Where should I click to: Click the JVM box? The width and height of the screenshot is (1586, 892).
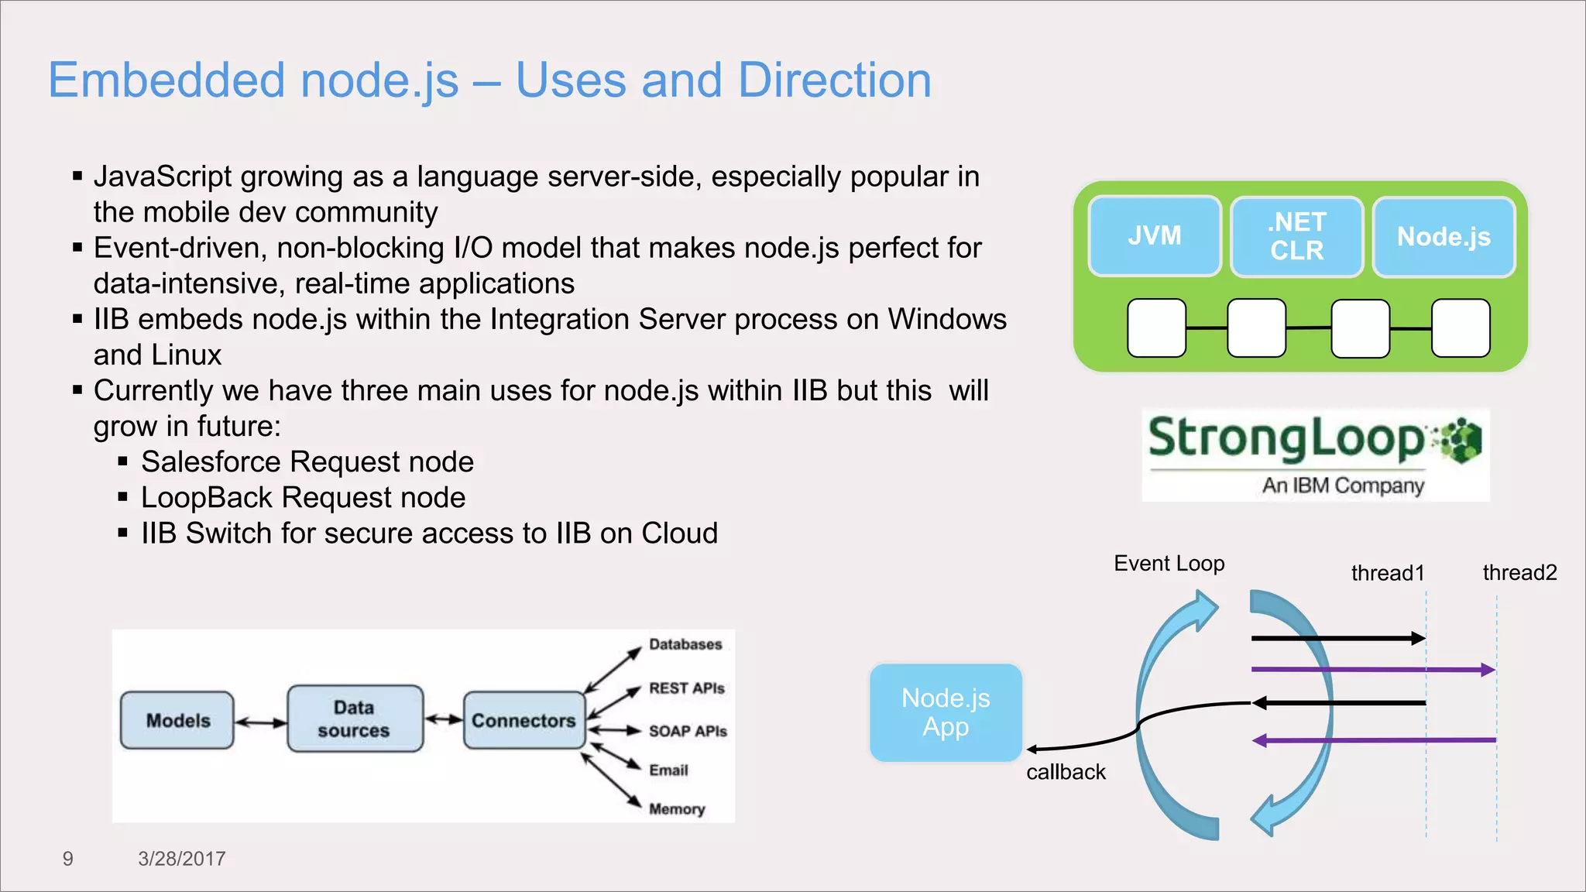click(1154, 236)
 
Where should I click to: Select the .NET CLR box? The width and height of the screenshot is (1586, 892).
click(1296, 236)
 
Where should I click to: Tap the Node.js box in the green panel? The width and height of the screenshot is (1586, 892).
click(1444, 236)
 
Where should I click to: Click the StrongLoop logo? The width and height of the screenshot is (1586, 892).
click(1315, 455)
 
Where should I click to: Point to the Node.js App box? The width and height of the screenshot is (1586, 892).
click(946, 712)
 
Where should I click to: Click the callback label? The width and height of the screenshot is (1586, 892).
click(1066, 772)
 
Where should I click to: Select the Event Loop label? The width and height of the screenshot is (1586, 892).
click(1169, 564)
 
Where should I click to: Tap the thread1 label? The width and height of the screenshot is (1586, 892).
click(1387, 573)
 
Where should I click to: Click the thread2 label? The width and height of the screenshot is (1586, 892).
click(1519, 573)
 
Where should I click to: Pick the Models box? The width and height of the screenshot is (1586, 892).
click(177, 720)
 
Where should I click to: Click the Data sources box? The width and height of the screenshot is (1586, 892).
click(355, 719)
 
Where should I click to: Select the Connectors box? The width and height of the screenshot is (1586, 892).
click(524, 720)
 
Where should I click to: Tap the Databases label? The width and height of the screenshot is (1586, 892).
click(685, 644)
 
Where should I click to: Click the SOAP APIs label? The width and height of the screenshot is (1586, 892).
click(688, 731)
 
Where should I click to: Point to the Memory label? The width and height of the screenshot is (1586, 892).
click(677, 809)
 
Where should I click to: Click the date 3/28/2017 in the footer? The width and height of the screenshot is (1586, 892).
click(181, 859)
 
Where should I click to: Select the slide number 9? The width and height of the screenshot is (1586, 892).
click(67, 859)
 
